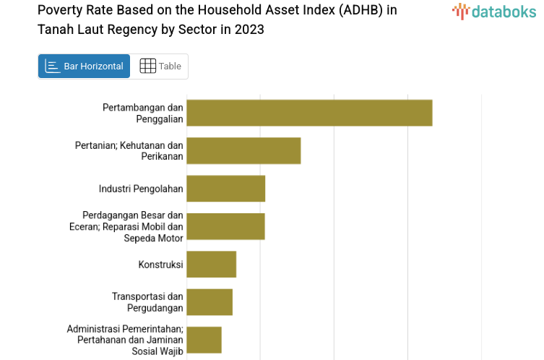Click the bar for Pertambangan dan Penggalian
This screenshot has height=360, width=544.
309,113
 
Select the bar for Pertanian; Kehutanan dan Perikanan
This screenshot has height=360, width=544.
243,150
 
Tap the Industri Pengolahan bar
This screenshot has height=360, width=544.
225,189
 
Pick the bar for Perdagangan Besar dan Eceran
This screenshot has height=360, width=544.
225,226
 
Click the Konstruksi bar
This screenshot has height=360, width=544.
211,264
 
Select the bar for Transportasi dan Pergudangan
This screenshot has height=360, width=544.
210,302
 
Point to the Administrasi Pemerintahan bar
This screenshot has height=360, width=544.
204,340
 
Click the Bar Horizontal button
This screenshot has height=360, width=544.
84,67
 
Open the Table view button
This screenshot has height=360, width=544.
160,67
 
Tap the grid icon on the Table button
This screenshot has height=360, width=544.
147,67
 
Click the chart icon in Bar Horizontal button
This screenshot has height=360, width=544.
52,67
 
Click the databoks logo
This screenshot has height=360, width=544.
494,12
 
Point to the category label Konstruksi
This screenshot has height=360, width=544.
160,265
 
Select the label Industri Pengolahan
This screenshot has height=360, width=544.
141,189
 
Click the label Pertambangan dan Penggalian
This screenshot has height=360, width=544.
143,113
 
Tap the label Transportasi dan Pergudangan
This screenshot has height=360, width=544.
147,302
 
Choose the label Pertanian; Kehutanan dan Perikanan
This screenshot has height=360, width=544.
129,150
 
